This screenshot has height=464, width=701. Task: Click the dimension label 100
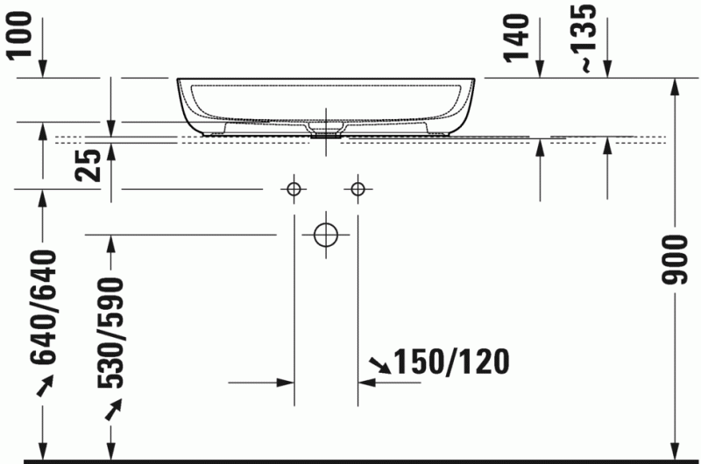tap(25, 34)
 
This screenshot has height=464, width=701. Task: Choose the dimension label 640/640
tap(43, 306)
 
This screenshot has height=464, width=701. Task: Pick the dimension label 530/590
tap(110, 333)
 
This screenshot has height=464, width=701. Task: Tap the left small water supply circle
tap(294, 188)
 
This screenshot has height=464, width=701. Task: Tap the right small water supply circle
tap(357, 188)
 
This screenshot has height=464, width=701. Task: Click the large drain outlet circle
tap(325, 234)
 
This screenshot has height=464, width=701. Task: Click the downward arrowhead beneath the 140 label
tap(541, 69)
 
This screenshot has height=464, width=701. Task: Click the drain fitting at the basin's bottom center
tap(325, 134)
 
